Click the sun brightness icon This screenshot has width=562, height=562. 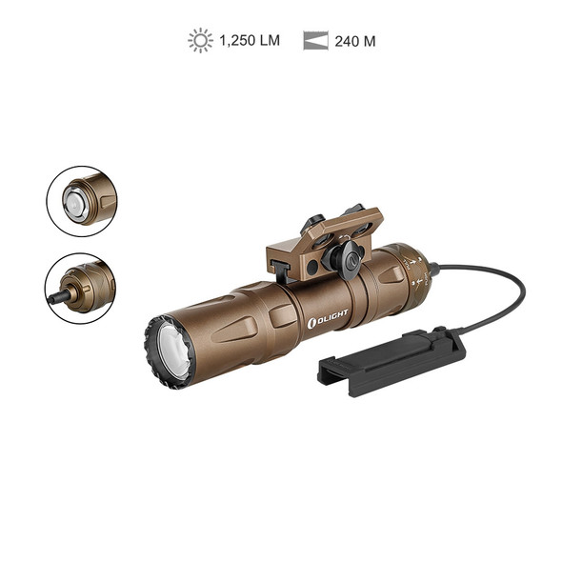[200, 40]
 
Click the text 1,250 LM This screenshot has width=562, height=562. [249, 41]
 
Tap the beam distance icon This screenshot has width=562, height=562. [315, 41]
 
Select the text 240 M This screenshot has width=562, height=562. [355, 41]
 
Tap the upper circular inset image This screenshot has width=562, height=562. [81, 201]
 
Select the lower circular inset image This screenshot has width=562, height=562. [81, 288]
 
